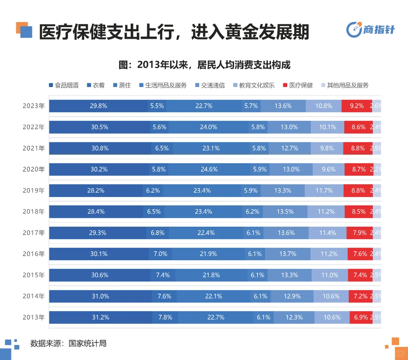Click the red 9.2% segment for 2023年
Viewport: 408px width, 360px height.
(x=357, y=106)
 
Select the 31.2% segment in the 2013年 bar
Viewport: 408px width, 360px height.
(x=101, y=317)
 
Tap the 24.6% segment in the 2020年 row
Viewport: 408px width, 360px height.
(x=209, y=169)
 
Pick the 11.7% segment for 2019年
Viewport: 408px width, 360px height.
(x=324, y=191)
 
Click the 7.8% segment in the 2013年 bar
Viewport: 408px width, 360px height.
(x=165, y=317)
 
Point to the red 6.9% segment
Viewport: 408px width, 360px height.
(x=361, y=317)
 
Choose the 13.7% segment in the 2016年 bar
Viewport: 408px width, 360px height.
(x=288, y=254)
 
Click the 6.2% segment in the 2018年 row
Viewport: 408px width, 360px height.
(x=252, y=212)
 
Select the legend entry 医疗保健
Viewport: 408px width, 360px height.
(x=298, y=85)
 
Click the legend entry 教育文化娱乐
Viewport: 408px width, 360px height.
(x=254, y=85)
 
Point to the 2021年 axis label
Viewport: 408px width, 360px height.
(x=34, y=148)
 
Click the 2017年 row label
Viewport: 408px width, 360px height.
(x=34, y=233)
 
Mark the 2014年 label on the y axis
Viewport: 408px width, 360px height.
(x=34, y=296)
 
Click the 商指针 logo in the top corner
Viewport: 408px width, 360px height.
(x=370, y=30)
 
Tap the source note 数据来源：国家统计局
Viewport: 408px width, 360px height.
(x=68, y=343)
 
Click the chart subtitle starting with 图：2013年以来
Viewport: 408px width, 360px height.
(x=204, y=65)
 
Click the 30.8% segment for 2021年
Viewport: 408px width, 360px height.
(x=100, y=148)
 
